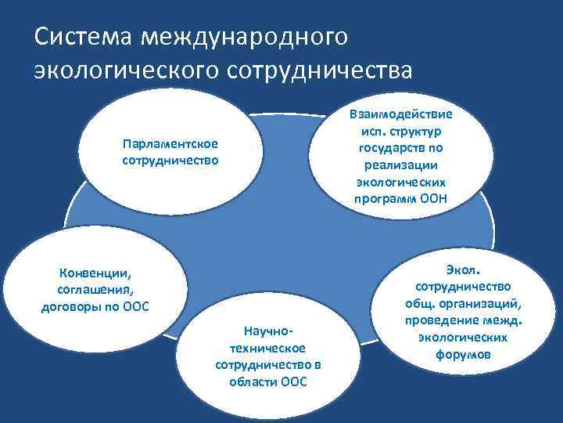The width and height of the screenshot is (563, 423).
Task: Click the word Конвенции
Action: [95, 274]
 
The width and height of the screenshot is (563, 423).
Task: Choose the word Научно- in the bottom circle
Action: [268, 333]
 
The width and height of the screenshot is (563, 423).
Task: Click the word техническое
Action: [268, 349]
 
